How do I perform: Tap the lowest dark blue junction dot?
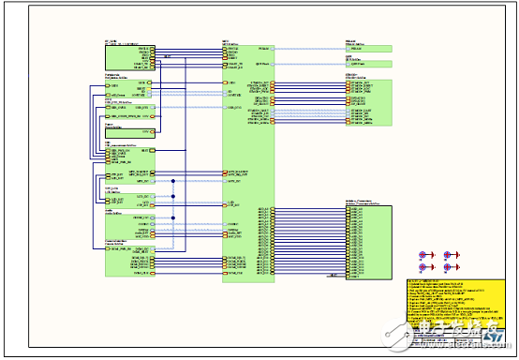click(173, 217)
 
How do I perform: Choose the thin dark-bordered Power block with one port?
click(127, 132)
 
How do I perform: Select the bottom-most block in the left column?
click(127, 262)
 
